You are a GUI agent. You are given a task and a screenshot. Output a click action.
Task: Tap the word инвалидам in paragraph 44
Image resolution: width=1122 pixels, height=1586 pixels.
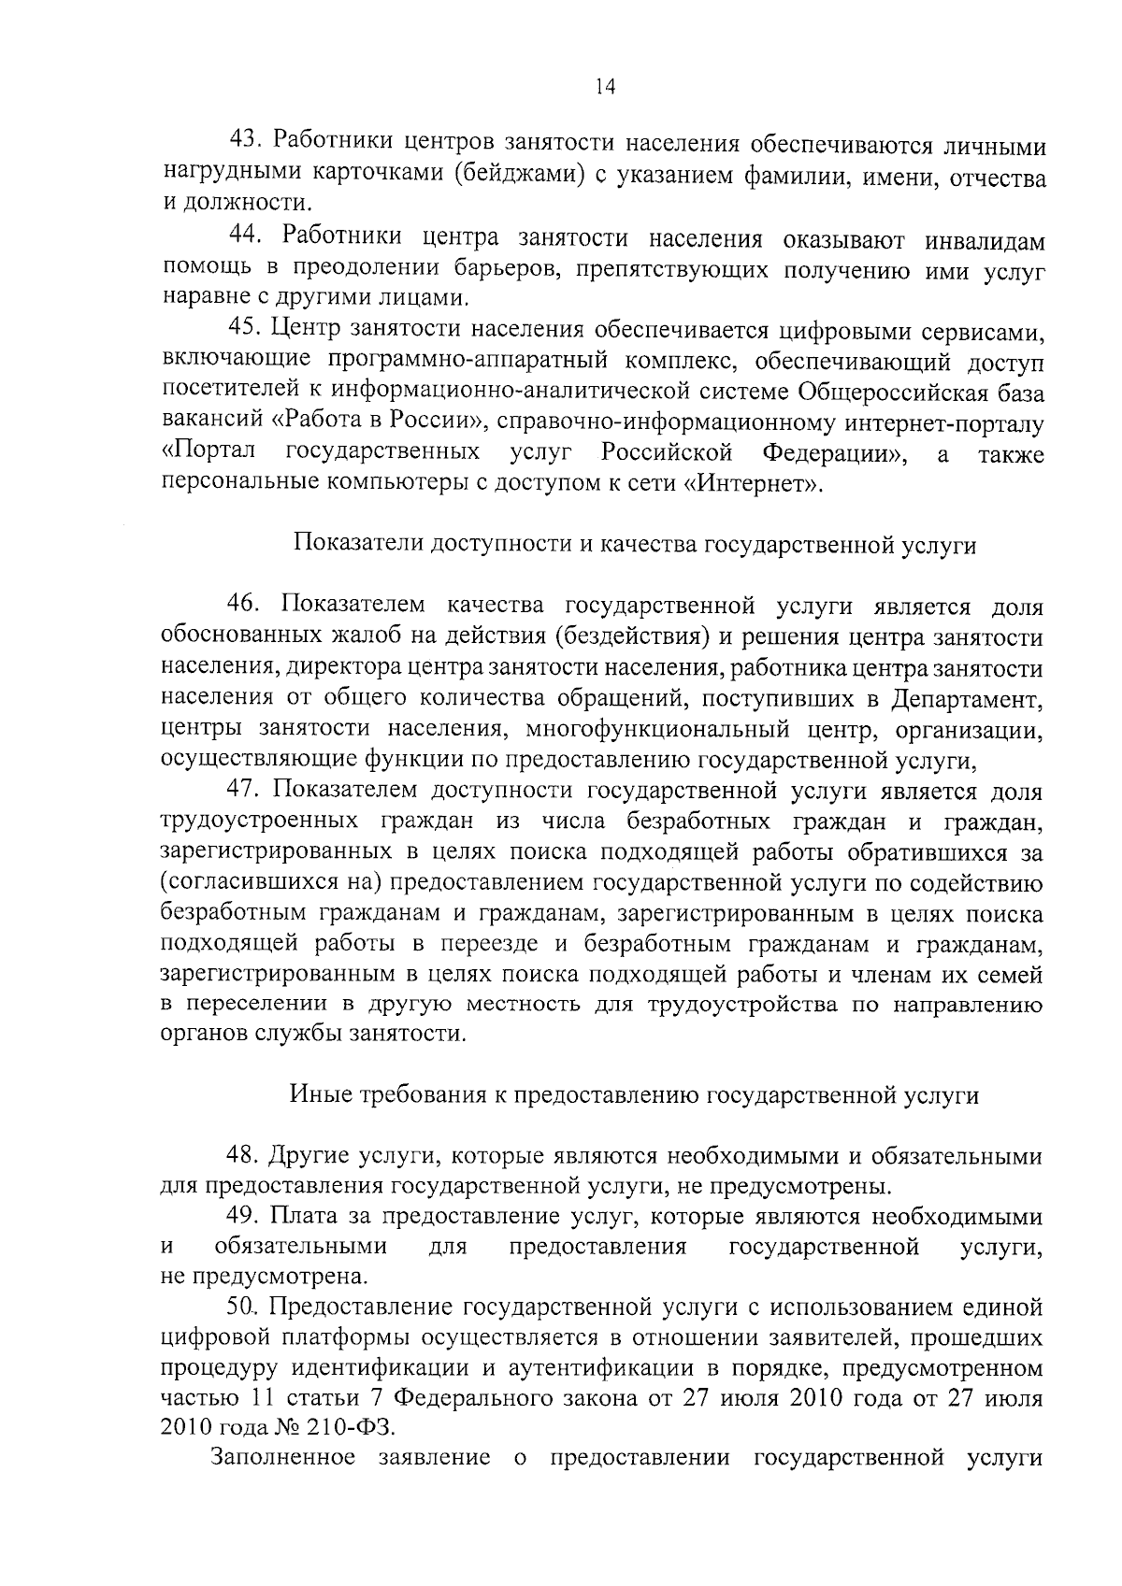[x=985, y=240]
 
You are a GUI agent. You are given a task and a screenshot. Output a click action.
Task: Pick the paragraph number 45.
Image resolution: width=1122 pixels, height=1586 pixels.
[x=246, y=330]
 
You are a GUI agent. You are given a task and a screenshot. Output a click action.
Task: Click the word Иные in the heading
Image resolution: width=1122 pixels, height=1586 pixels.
[x=321, y=1095]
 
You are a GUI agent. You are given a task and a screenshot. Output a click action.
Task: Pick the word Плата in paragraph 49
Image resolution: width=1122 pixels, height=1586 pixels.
[x=295, y=1218]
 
